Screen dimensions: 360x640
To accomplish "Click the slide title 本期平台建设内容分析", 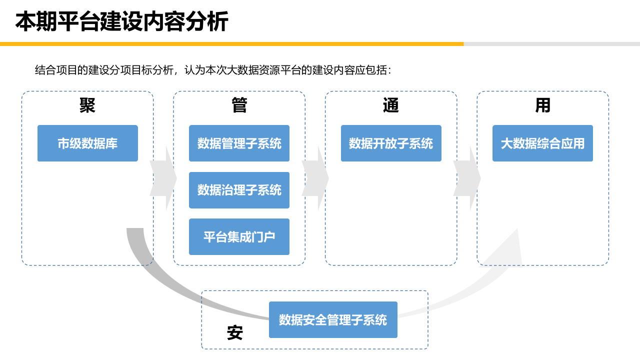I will click(121, 22).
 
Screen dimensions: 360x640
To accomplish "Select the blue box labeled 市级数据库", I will click(87, 143).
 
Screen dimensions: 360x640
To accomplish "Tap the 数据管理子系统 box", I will click(239, 143).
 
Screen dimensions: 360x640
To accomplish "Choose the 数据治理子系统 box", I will click(239, 190).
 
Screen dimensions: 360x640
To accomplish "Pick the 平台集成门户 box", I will click(239, 236).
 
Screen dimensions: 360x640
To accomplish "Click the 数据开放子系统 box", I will click(391, 143).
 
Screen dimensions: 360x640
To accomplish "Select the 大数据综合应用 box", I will click(542, 143).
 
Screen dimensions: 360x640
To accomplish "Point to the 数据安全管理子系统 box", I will click(333, 319).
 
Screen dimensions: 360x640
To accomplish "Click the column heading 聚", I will click(87, 105).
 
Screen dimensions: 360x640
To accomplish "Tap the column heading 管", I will click(239, 105).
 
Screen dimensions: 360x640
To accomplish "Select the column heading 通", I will click(391, 105).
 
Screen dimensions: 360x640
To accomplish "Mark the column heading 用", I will click(542, 105).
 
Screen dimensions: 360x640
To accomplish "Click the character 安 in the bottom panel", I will click(234, 332).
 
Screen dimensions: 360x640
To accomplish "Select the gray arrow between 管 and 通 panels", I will click(315, 178).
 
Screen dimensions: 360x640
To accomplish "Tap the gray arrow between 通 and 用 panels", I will click(467, 178).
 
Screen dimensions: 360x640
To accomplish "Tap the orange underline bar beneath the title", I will click(231, 44).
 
